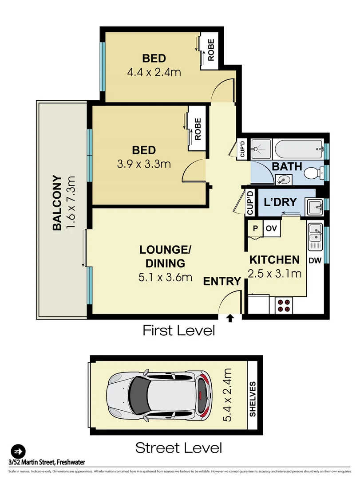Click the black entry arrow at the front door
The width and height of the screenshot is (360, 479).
(230, 318)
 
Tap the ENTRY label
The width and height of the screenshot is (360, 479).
(222, 281)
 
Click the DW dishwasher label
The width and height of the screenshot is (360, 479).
(315, 260)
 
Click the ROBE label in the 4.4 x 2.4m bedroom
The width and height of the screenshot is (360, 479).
(211, 50)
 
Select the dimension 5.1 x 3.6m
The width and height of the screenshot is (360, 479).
(165, 278)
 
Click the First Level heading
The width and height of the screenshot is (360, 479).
(178, 330)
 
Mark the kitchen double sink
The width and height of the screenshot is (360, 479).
(316, 235)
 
